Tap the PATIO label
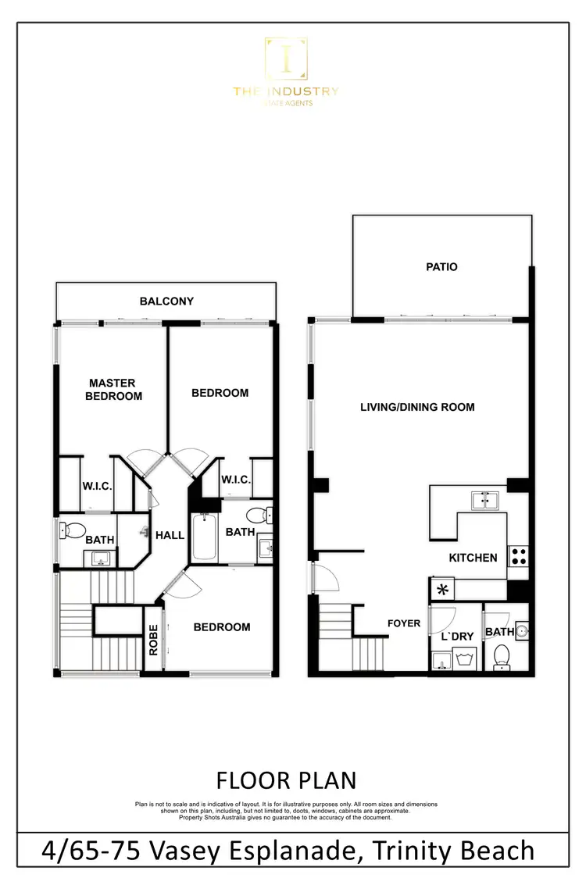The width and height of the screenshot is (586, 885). pos(441,267)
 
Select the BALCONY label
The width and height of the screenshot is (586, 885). pos(166,302)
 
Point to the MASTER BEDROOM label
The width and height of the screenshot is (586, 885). pos(115,390)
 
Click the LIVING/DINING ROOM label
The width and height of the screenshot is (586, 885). pos(417,407)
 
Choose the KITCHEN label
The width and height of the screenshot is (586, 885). pos(473,558)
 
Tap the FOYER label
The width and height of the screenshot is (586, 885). pos(404,623)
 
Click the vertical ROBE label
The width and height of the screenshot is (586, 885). pos(154,640)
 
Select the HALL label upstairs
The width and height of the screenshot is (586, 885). pos(170,535)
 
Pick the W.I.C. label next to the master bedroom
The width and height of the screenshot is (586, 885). pos(98,486)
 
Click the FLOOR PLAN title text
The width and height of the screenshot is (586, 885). pos(285,780)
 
